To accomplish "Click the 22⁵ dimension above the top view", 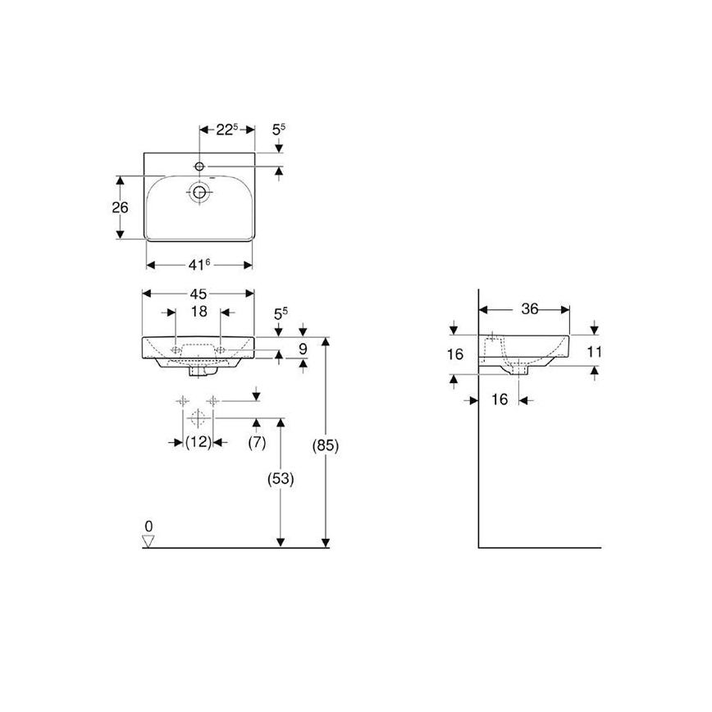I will coord(226,129).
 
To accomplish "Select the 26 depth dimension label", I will coord(120,208).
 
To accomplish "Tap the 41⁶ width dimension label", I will coord(199,264).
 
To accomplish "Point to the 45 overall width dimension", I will coord(199,294).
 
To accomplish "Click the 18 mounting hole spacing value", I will coord(199,312).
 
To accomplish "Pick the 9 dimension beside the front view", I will coord(303,349).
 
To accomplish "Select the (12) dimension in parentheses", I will coord(197,442).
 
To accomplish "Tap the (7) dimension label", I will coord(257,442).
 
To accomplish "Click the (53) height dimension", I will coord(281,478).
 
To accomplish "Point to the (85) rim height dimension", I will coord(326,446).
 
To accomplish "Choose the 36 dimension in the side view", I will coord(529,309).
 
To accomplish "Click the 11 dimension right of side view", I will coord(595,351).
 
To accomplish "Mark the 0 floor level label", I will coord(148,525).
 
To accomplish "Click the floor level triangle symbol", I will coord(148,541).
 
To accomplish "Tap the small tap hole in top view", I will coord(199,167).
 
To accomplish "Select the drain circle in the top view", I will coord(199,194).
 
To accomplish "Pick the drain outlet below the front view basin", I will coord(199,372).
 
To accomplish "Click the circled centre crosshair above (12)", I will coord(196,418).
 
